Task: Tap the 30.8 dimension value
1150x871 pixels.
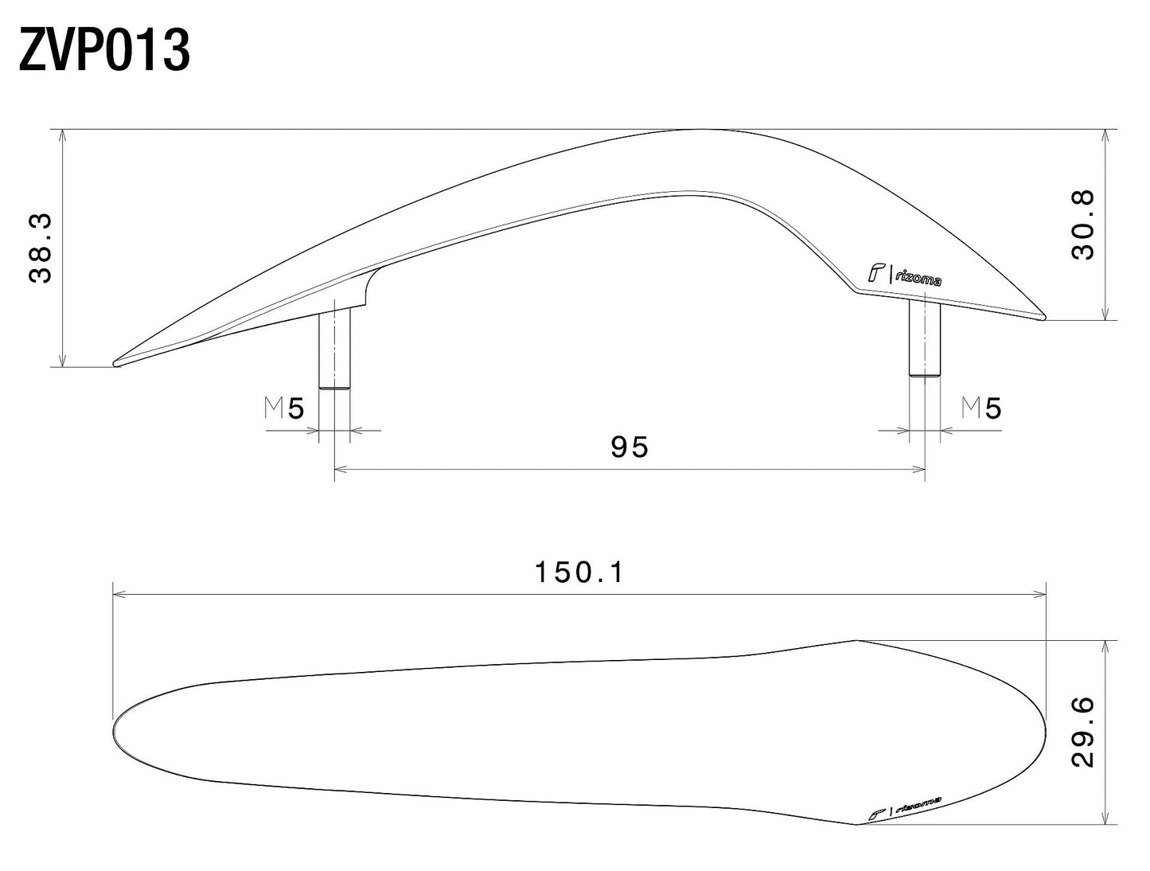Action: (1083, 225)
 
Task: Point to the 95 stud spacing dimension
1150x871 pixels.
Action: (630, 447)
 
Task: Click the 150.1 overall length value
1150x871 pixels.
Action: (579, 572)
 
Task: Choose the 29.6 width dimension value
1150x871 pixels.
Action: (1083, 732)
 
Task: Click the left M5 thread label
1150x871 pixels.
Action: (284, 409)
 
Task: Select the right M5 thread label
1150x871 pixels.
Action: (981, 409)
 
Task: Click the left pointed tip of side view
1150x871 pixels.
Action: (116, 364)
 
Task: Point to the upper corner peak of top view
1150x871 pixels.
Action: (856, 640)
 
